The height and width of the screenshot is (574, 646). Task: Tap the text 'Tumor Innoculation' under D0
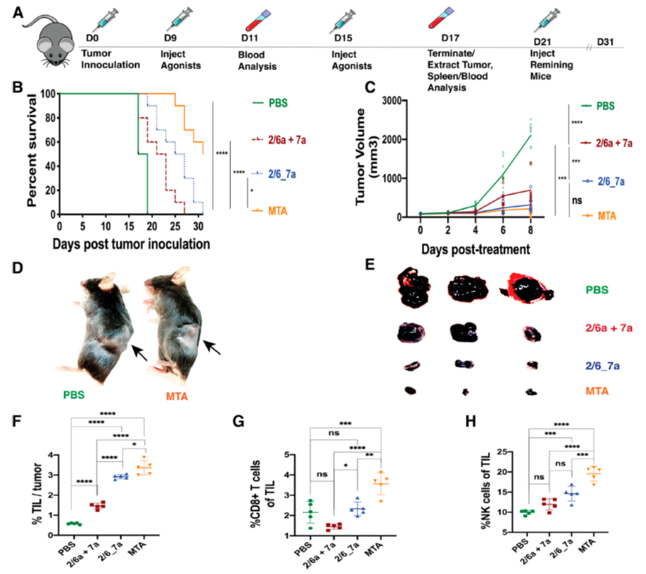tap(110, 59)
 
